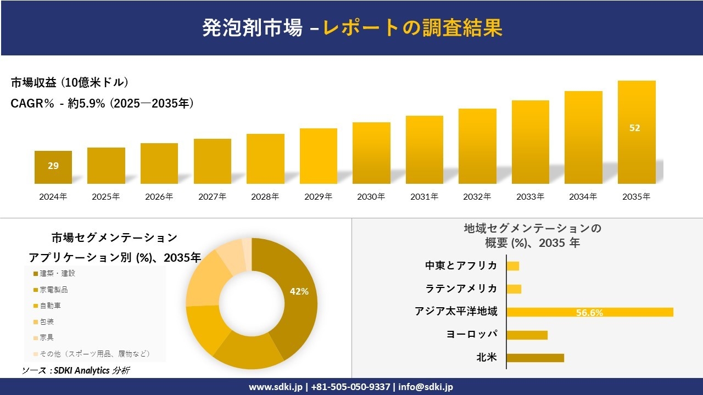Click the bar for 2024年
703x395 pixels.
pyautogui.click(x=53, y=167)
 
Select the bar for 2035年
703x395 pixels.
pyautogui.click(x=637, y=132)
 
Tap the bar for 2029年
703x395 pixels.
pyautogui.click(x=319, y=156)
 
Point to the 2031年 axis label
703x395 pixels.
pyautogui.click(x=425, y=196)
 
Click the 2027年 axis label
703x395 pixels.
pyautogui.click(x=212, y=196)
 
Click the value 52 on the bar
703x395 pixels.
pyautogui.click(x=635, y=128)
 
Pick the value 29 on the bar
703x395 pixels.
pyautogui.click(x=53, y=166)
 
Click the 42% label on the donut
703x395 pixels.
pyautogui.click(x=299, y=291)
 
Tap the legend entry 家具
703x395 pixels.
pyautogui.click(x=47, y=337)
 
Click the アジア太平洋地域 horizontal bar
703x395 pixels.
pyautogui.click(x=589, y=312)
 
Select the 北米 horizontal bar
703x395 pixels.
pyautogui.click(x=535, y=358)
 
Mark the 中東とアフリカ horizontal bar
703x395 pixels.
pyautogui.click(x=513, y=266)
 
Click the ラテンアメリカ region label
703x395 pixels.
pyautogui.click(x=461, y=289)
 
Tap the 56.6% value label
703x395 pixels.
pyautogui.click(x=589, y=313)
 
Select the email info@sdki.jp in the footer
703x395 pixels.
pyautogui.click(x=426, y=387)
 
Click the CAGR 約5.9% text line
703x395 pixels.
pyautogui.click(x=102, y=103)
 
